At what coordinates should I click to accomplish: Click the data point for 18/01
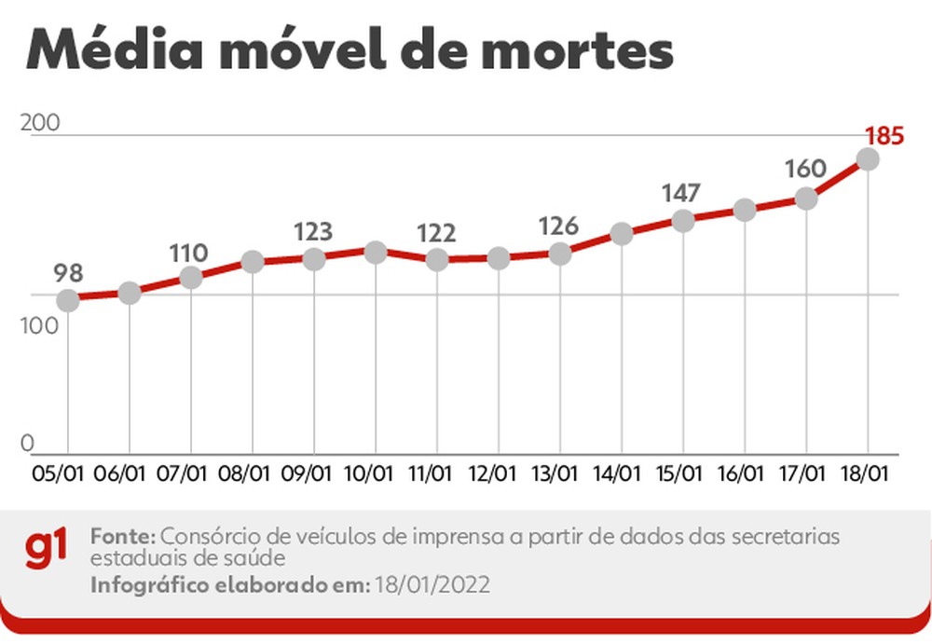(x=868, y=159)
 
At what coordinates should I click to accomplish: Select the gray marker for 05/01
(x=67, y=300)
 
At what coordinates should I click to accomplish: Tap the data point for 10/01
(x=376, y=252)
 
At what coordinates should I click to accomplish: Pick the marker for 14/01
(x=622, y=233)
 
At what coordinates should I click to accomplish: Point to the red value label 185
(x=884, y=136)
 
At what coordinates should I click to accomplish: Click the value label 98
(x=68, y=273)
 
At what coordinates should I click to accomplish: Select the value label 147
(x=681, y=194)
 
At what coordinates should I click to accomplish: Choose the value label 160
(x=805, y=169)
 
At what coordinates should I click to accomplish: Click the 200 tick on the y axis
(x=38, y=124)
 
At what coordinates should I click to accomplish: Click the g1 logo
(x=47, y=550)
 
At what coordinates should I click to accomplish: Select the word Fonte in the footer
(x=122, y=538)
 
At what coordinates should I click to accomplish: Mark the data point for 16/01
(x=744, y=210)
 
